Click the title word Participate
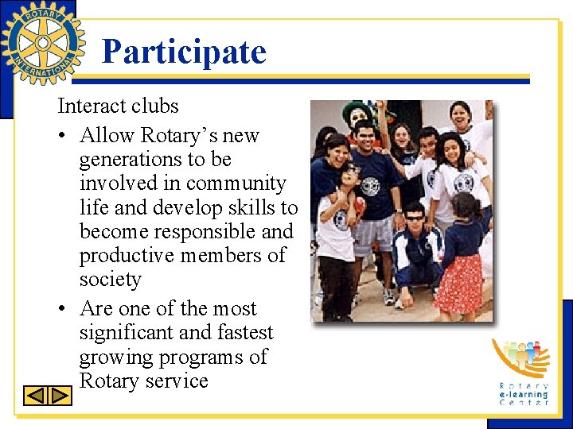point(184,52)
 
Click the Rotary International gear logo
point(42,42)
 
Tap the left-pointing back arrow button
point(37,396)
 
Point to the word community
point(236,184)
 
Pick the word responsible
point(214,232)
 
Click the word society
point(110,280)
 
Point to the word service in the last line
point(171,381)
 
